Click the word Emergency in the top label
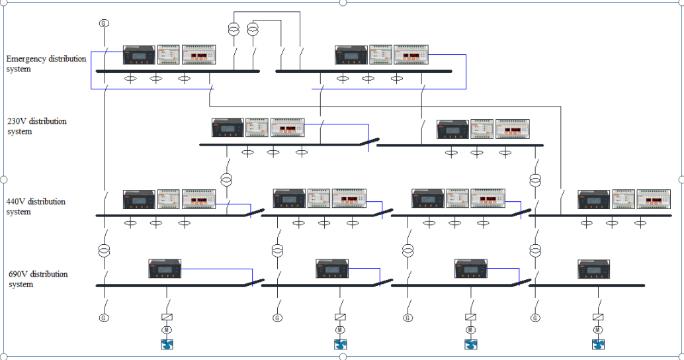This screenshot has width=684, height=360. tap(26, 59)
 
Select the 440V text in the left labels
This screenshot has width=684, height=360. tap(17, 201)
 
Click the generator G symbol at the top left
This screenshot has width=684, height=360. tap(103, 23)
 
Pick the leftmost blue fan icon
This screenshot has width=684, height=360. tap(167, 343)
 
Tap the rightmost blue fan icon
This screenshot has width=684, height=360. tap(598, 343)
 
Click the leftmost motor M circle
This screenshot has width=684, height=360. tap(167, 330)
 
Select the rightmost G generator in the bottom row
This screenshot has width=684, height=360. tap(534, 318)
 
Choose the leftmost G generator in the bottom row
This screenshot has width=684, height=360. tap(103, 318)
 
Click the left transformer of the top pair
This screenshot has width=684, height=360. tap(234, 29)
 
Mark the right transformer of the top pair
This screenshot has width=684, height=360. tap(253, 29)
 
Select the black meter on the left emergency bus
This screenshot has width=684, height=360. tap(139, 55)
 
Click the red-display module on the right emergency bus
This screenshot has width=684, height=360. tap(411, 55)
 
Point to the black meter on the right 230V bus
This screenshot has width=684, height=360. tap(452, 129)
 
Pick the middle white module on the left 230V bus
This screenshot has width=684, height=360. tap(257, 128)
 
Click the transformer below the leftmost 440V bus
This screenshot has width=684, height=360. tap(104, 251)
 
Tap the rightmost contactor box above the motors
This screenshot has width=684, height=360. tap(598, 317)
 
